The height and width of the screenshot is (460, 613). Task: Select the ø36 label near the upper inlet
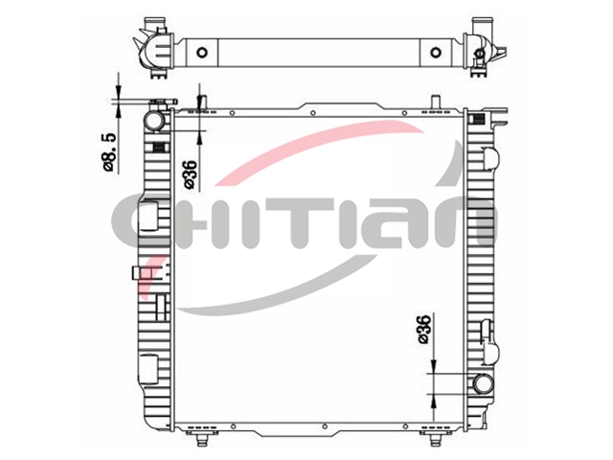191,174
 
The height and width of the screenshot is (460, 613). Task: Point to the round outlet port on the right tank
483,383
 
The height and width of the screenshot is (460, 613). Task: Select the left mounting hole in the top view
202,53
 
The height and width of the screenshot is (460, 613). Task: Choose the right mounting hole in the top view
435,53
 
